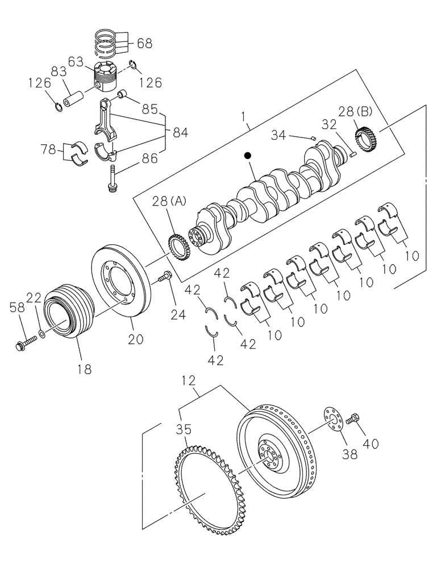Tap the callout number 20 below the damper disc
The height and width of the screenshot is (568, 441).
tap(135, 339)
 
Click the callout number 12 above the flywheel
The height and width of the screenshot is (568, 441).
tap(189, 381)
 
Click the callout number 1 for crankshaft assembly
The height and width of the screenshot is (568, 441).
tap(244, 118)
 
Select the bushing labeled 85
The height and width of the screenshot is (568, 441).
tap(120, 93)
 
